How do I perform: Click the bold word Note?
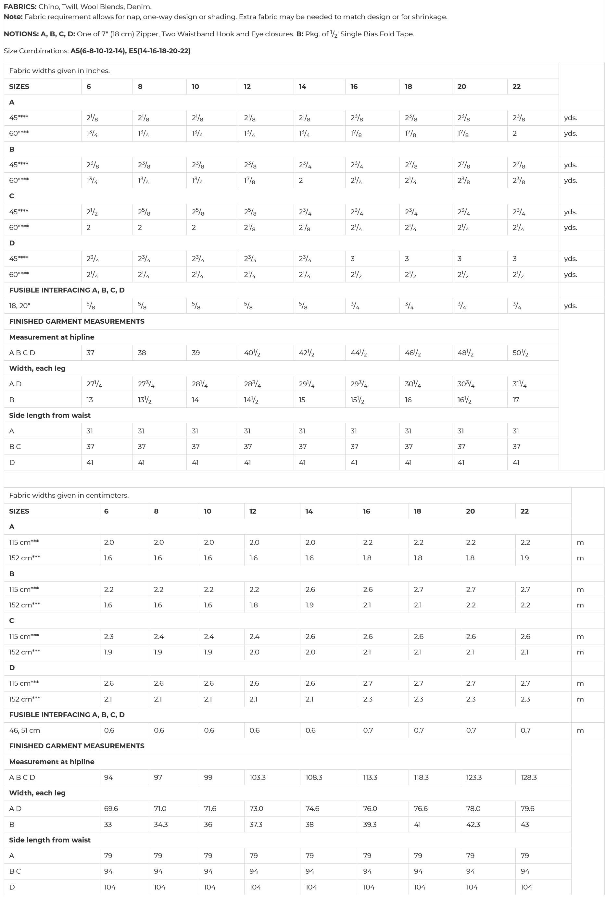point(13,17)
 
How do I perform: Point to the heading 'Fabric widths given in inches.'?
point(59,71)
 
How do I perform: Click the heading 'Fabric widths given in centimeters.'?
point(69,495)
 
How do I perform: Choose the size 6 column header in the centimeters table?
point(106,511)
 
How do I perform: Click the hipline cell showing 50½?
point(520,353)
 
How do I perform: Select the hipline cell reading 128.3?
point(528,777)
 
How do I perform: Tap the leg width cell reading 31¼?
point(520,384)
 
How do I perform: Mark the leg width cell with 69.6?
point(111,808)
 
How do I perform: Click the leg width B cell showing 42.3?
point(473,824)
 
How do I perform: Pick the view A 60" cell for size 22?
point(514,133)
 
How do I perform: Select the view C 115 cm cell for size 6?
point(109,636)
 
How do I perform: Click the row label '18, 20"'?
point(20,306)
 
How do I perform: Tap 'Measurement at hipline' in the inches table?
point(52,337)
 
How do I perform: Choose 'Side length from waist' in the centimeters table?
point(50,840)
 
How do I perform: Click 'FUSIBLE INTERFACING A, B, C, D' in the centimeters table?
point(67,715)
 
